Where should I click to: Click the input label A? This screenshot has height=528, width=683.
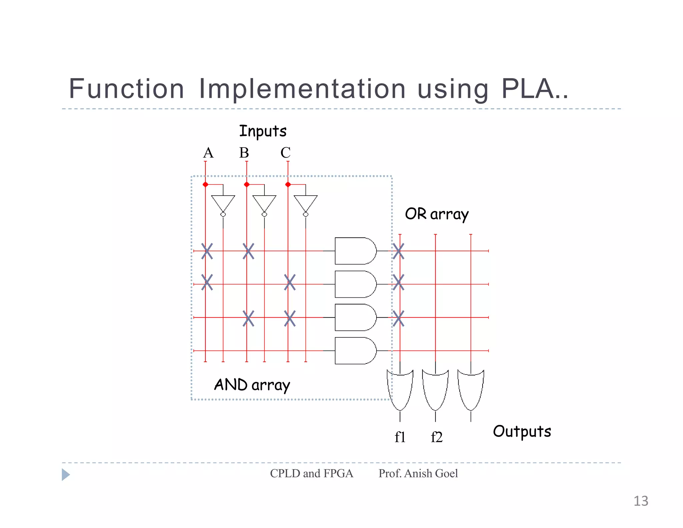tap(208, 153)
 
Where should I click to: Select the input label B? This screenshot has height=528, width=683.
tap(244, 153)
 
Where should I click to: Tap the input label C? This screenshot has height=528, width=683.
tap(285, 153)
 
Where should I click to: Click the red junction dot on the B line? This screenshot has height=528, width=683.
tap(247, 185)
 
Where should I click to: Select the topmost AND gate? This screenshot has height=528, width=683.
tap(355, 251)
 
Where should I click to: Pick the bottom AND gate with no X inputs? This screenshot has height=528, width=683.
tap(355, 351)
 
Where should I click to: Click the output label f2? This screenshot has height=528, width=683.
tap(437, 437)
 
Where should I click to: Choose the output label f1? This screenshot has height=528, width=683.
tap(400, 437)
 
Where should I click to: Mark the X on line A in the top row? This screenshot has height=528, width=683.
tap(207, 251)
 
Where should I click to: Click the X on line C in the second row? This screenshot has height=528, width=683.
tap(290, 282)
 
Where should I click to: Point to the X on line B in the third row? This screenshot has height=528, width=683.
tap(248, 318)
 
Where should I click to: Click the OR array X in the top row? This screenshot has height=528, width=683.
tap(399, 251)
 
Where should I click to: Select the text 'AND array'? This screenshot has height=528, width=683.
tap(252, 385)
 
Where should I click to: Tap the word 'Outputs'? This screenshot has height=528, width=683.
tap(522, 431)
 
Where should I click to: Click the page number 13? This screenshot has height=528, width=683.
tap(641, 501)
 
